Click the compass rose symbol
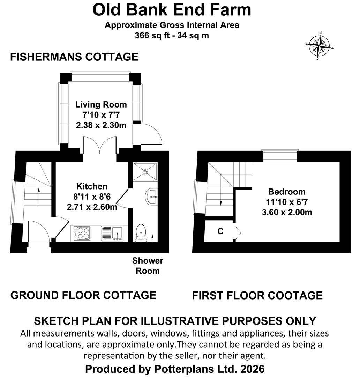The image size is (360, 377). click(x=319, y=45)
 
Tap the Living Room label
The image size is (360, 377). click(x=101, y=104)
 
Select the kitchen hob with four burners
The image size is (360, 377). click(x=82, y=233)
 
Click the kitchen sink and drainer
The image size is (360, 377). click(x=112, y=233)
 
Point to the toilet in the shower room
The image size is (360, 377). click(x=141, y=232)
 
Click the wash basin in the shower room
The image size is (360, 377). click(x=151, y=197)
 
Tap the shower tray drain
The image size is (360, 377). click(x=145, y=172)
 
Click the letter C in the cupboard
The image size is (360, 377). click(x=220, y=231)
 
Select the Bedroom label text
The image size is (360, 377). click(x=287, y=192)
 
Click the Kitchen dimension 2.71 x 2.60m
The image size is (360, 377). click(x=92, y=207)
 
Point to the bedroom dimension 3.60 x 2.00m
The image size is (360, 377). click(x=287, y=212)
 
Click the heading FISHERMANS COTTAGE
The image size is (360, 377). click(x=74, y=57)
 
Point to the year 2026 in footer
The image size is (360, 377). click(x=253, y=369)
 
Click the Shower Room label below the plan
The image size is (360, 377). click(x=148, y=266)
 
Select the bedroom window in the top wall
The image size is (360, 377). click(x=280, y=156)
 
